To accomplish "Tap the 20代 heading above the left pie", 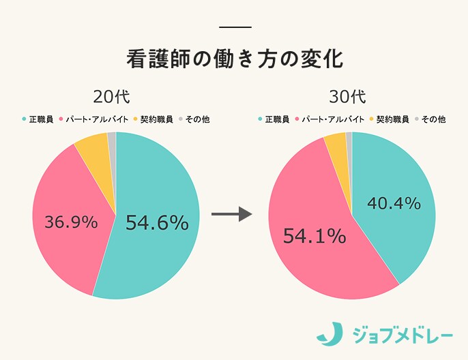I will click(116, 95).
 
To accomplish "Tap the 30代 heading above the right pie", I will click(351, 95).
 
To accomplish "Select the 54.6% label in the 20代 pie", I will click(157, 222).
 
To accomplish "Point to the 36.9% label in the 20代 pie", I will click(71, 222).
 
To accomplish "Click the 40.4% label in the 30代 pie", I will click(394, 203).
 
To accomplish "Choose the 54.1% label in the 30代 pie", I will click(315, 236).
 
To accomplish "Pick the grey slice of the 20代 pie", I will click(112, 140).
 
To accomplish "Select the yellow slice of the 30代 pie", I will click(336, 143).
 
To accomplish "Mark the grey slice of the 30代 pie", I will click(349, 139).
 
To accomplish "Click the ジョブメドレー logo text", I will click(402, 334).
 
